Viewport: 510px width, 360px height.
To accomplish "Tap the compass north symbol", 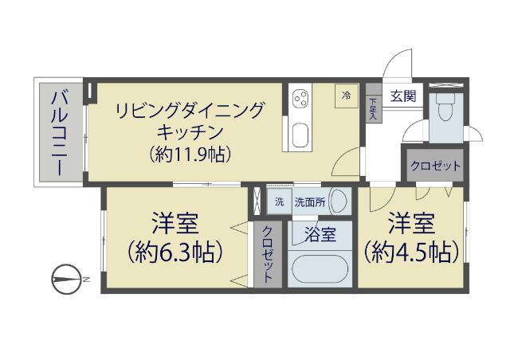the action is (x=67, y=279).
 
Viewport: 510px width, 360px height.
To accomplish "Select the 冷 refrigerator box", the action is (x=347, y=96).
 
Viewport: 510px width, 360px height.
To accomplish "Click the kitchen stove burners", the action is (x=300, y=98).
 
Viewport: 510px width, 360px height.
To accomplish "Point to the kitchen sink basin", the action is (x=300, y=135).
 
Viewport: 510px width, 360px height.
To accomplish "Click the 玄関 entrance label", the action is (x=403, y=96).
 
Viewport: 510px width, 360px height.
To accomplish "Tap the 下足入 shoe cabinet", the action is (x=374, y=103).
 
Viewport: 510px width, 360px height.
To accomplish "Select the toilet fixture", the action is (x=445, y=108).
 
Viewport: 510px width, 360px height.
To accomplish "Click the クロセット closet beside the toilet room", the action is (x=436, y=166).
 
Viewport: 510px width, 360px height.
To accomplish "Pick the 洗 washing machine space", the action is (x=280, y=202).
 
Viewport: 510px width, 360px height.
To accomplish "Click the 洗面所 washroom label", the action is (x=310, y=202).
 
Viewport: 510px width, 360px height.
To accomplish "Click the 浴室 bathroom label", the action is (x=320, y=234).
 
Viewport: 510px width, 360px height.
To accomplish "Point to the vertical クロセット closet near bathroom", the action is (x=268, y=254).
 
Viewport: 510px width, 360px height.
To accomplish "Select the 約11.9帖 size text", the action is (x=190, y=154).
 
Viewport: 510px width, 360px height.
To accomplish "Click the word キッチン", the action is (x=190, y=131).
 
